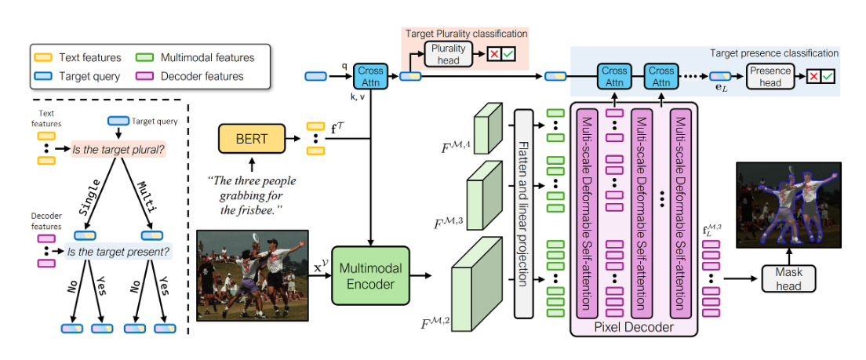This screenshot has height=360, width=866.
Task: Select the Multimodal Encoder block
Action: click(371, 276)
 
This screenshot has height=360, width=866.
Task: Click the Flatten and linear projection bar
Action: click(523, 213)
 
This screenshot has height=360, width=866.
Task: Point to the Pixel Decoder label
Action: click(635, 327)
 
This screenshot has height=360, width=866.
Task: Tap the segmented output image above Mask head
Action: click(788, 205)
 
